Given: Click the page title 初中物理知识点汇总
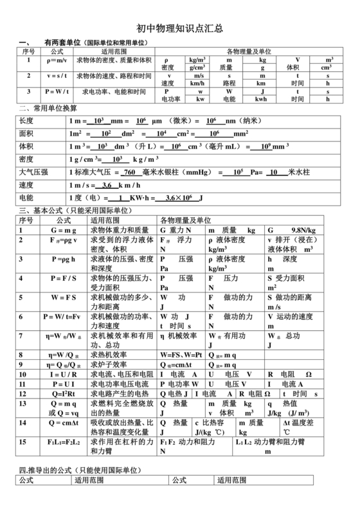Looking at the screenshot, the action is point(179,28).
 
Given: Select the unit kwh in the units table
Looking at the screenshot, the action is point(262,100).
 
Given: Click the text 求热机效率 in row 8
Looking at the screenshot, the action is point(109,354).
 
